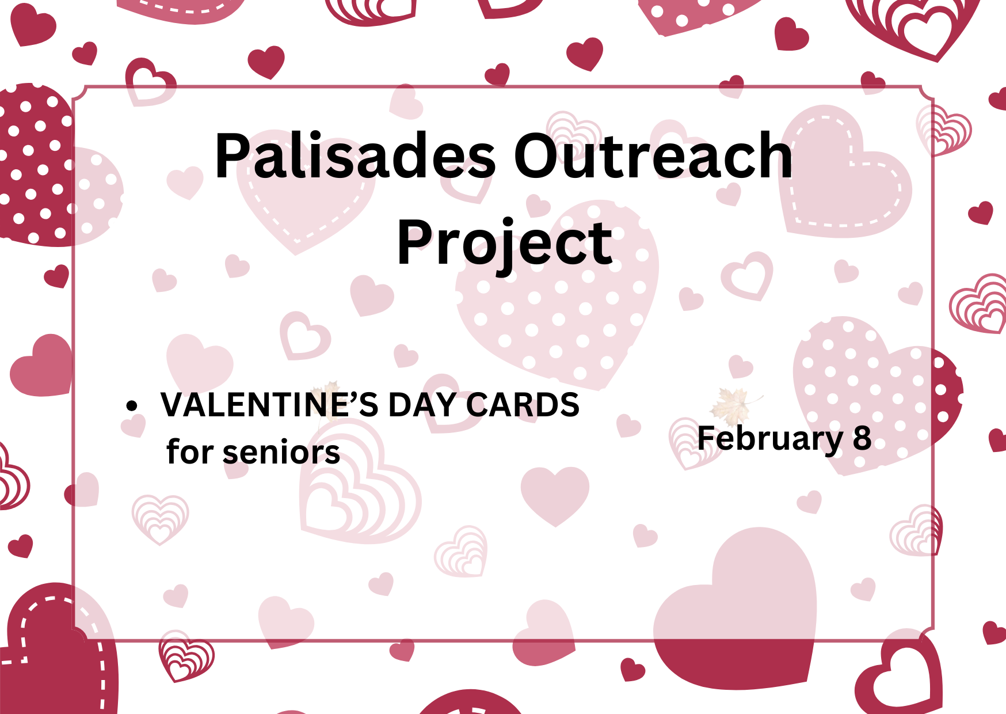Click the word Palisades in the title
[355, 155]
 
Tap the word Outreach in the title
[653, 155]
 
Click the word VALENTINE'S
[269, 405]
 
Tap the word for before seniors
[190, 451]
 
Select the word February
[770, 440]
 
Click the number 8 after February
[862, 439]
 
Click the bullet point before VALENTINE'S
[132, 405]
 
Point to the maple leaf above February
[729, 403]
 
